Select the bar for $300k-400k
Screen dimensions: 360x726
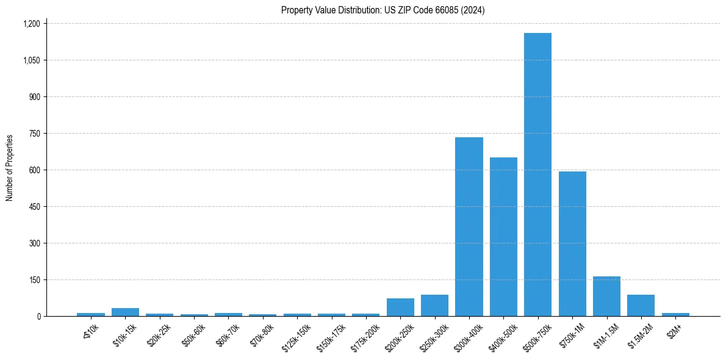coord(469,226)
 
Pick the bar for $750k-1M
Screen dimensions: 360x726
coord(572,243)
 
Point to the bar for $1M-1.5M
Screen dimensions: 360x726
coord(606,297)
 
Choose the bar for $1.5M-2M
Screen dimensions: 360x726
coord(641,306)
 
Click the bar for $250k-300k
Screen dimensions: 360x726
coord(434,306)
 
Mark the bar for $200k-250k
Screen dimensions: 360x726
coord(400,308)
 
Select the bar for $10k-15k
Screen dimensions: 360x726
coord(125,312)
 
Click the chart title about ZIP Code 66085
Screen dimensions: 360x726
coord(383,10)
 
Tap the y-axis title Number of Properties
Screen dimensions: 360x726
coord(10,168)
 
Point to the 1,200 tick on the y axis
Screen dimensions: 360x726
coord(31,24)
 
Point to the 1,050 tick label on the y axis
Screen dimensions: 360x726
coord(31,60)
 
